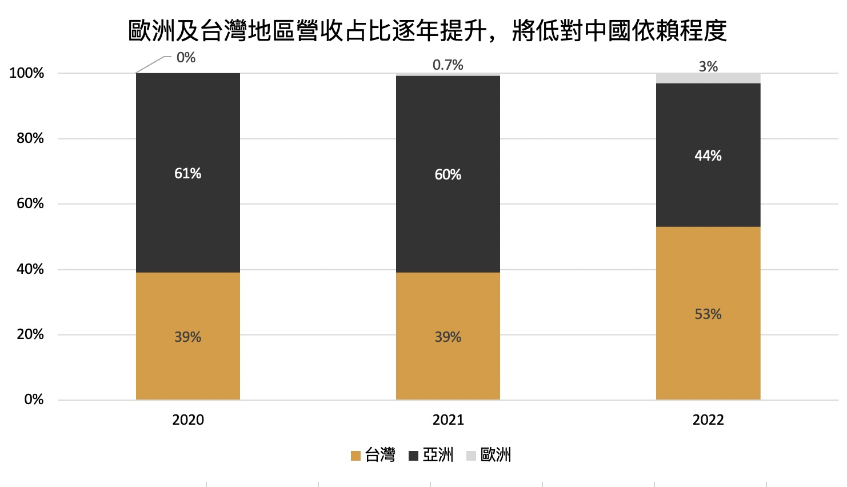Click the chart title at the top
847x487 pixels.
click(x=428, y=31)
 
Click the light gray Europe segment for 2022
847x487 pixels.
click(x=708, y=78)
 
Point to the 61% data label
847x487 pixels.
click(x=187, y=174)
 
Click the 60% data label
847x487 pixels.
click(x=448, y=175)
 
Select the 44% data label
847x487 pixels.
click(x=708, y=156)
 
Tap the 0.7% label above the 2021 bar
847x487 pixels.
click(x=448, y=65)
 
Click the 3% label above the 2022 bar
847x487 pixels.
click(x=708, y=67)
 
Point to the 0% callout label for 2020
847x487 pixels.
click(x=186, y=58)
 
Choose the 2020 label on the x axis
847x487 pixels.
click(x=187, y=420)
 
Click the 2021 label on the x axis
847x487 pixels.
click(x=448, y=420)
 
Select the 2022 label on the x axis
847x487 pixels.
click(x=708, y=420)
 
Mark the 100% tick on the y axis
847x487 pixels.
click(x=27, y=73)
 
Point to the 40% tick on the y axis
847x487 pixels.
click(x=30, y=269)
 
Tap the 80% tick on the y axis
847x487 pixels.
click(x=30, y=138)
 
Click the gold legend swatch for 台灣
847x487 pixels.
click(x=355, y=456)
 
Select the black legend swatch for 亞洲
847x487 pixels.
click(x=414, y=456)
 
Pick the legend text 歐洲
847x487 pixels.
click(x=496, y=455)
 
